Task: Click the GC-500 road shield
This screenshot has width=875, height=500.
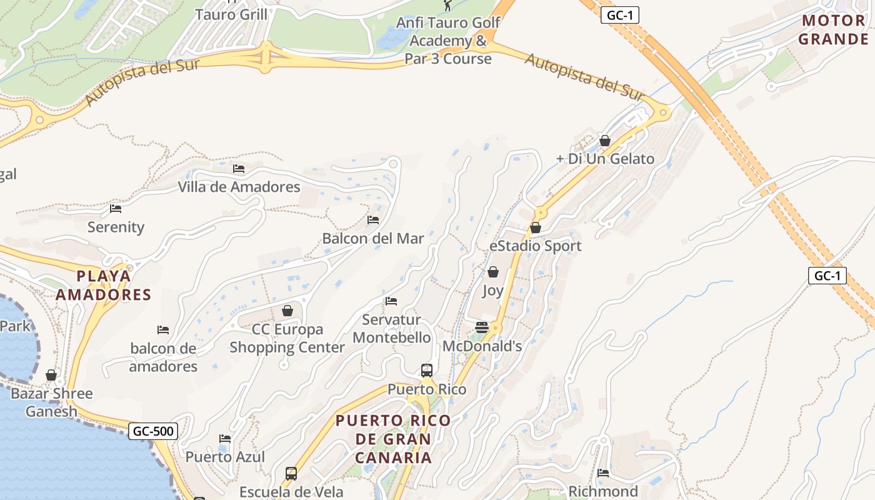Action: (x=153, y=431)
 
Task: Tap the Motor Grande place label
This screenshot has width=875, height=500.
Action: (x=834, y=30)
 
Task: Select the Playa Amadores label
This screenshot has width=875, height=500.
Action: (x=104, y=285)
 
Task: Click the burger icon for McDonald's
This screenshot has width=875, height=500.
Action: (x=481, y=327)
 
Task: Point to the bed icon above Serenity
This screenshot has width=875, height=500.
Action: (x=116, y=209)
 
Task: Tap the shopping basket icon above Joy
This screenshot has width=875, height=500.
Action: (x=493, y=272)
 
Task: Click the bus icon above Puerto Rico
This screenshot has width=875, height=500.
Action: (x=427, y=370)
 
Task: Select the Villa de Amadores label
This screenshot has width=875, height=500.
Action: (x=239, y=187)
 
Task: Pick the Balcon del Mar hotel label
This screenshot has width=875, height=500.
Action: (x=372, y=238)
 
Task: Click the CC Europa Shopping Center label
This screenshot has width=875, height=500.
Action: (x=287, y=338)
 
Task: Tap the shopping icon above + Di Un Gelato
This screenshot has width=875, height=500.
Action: (x=604, y=141)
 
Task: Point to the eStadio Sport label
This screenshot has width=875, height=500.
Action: (x=535, y=246)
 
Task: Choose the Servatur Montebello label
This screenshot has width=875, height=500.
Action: (x=391, y=329)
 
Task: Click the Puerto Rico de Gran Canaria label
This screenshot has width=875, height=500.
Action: (x=393, y=438)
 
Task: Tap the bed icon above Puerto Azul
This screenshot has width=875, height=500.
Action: (x=225, y=439)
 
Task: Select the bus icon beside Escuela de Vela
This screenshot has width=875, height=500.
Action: (x=291, y=473)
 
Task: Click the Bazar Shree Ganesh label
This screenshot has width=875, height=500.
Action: (x=51, y=402)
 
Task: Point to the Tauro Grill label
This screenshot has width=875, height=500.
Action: (x=231, y=14)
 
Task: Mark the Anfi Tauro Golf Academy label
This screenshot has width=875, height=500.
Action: (x=448, y=41)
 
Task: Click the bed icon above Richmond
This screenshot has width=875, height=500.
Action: (x=603, y=473)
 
